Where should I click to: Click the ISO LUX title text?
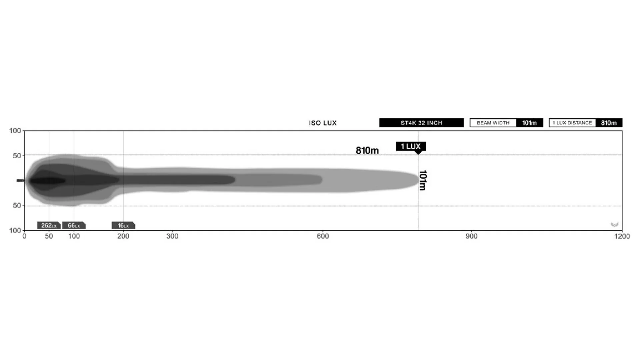click(x=322, y=123)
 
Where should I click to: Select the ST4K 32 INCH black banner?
click(x=421, y=123)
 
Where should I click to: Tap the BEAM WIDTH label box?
click(x=493, y=123)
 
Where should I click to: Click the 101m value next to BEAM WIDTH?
click(x=529, y=123)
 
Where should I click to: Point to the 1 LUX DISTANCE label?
click(x=572, y=123)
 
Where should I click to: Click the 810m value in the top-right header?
click(x=609, y=123)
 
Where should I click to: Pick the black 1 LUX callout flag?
click(x=411, y=146)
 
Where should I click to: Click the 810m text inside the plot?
click(x=367, y=151)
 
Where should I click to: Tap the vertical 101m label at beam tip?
click(x=422, y=180)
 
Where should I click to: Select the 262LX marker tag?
click(x=49, y=226)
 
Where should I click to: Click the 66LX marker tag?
click(x=74, y=226)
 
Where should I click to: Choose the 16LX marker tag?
click(x=123, y=226)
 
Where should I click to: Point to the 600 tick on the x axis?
click(x=323, y=236)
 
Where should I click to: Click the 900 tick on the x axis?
click(x=471, y=236)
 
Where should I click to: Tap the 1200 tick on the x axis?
click(x=622, y=236)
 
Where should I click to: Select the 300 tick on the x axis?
click(x=172, y=236)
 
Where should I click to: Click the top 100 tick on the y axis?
click(x=15, y=131)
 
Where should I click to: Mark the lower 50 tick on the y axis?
click(x=17, y=206)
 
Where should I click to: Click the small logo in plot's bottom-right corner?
click(x=614, y=225)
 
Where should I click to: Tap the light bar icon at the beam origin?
click(x=20, y=181)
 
